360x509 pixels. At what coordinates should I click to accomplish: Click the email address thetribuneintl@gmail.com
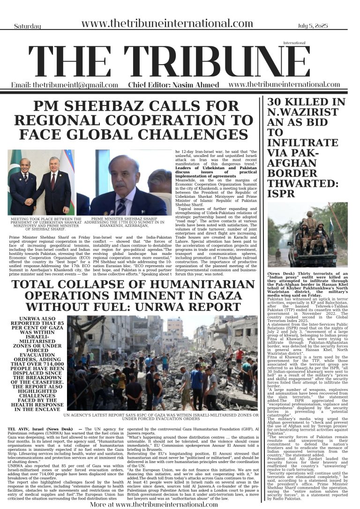coord(65,85)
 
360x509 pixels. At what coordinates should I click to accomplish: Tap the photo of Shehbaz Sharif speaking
coord(130,182)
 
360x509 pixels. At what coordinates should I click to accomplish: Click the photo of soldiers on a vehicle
coord(307,234)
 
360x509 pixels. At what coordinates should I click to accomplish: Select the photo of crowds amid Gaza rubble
coord(162,363)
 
